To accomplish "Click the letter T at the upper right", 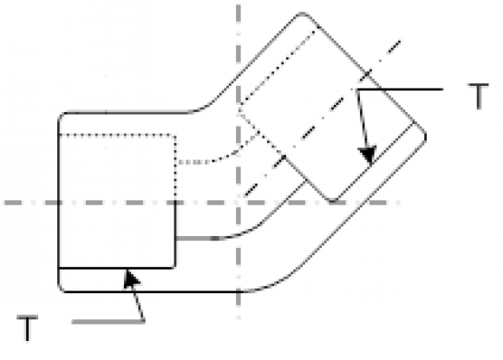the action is click(479, 96).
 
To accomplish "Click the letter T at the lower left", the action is click(27, 328).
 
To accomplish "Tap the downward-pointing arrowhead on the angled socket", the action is click(369, 155).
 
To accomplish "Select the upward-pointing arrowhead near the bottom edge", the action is click(131, 278).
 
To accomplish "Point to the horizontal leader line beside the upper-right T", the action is click(400, 89).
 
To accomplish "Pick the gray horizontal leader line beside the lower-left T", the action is click(108, 322).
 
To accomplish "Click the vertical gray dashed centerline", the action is click(238, 160).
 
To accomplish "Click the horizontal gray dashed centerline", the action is click(202, 203).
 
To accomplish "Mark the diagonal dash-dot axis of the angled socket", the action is click(323, 118).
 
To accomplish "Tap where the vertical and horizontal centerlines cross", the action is click(238, 203).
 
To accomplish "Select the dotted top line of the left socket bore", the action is click(117, 135).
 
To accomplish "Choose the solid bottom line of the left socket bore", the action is click(117, 267).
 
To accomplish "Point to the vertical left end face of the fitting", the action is click(59, 202).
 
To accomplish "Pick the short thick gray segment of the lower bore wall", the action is click(197, 239).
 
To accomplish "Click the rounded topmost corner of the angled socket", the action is click(303, 14).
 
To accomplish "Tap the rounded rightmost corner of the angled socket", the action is click(425, 136).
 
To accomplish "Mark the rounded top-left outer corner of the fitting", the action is click(61, 115).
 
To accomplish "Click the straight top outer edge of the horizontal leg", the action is click(128, 112).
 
